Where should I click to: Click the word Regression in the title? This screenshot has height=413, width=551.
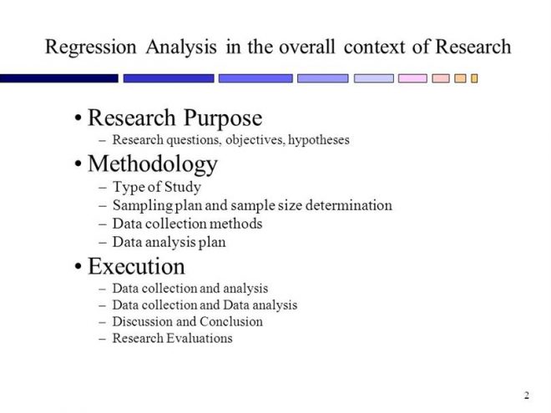click(91, 48)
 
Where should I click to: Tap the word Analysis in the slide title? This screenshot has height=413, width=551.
click(181, 48)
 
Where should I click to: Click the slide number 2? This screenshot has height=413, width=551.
click(527, 395)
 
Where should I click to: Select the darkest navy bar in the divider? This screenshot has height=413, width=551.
click(59, 78)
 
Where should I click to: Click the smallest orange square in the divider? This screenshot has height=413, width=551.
click(474, 78)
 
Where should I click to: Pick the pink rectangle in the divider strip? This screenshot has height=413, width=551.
click(412, 78)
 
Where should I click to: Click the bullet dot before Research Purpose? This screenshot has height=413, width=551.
click(78, 118)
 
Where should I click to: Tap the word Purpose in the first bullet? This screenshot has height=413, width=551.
click(223, 118)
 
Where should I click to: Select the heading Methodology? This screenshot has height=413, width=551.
click(153, 164)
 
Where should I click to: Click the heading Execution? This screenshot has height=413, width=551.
click(136, 266)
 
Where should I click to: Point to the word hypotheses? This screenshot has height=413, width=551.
click(319, 140)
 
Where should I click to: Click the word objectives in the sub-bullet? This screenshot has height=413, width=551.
click(255, 140)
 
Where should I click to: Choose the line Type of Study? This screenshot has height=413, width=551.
click(157, 187)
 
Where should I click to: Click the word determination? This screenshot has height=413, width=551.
click(349, 205)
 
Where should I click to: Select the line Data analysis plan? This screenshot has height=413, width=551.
click(169, 242)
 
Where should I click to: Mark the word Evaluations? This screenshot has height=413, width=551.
click(200, 338)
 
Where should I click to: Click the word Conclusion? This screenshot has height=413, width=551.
click(231, 321)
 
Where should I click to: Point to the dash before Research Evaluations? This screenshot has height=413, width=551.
click(103, 340)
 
